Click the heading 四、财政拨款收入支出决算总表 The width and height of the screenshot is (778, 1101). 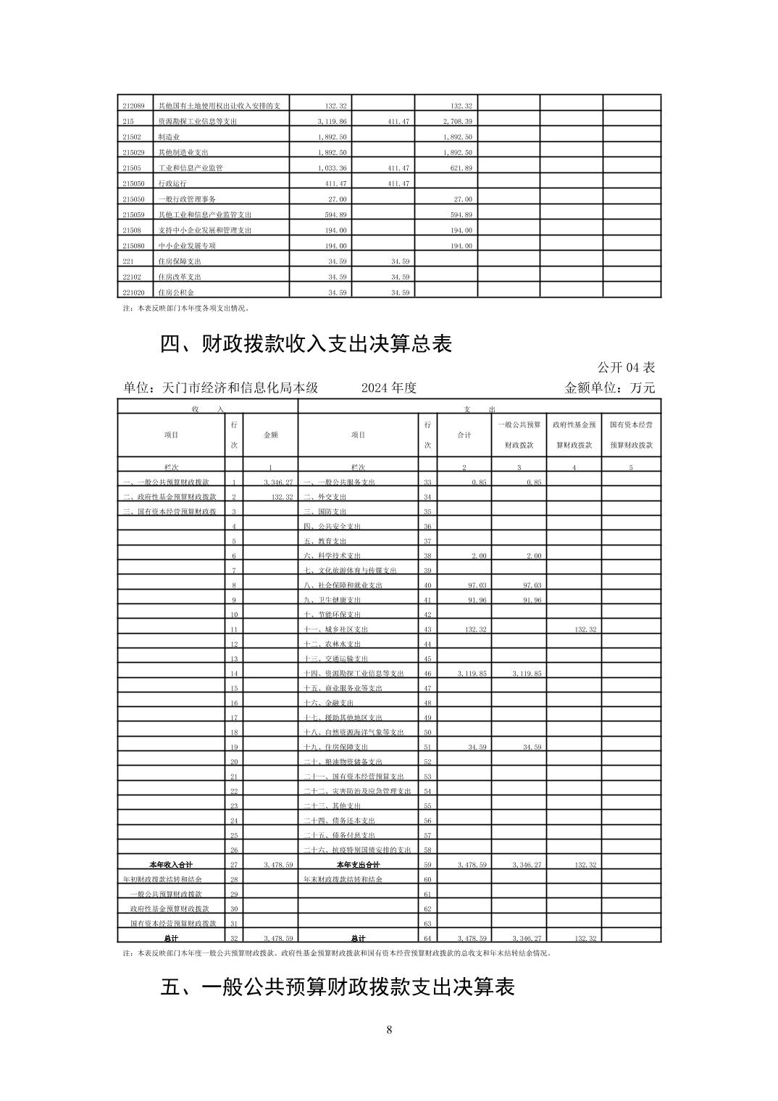[x=306, y=343]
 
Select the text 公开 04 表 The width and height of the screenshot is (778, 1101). [x=627, y=367]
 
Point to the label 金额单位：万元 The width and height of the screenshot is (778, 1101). [x=609, y=388]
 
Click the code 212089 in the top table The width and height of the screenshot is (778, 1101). [x=133, y=106]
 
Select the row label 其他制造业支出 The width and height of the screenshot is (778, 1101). [x=184, y=153]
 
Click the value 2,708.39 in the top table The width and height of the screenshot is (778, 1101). [x=457, y=122]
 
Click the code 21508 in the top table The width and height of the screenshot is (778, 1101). [x=131, y=230]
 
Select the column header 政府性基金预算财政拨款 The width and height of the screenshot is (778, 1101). [x=574, y=435]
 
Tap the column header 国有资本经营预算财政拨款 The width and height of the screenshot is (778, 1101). [x=631, y=435]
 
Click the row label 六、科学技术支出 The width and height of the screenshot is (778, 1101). [x=332, y=556]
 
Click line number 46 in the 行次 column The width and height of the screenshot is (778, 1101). [x=427, y=674]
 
